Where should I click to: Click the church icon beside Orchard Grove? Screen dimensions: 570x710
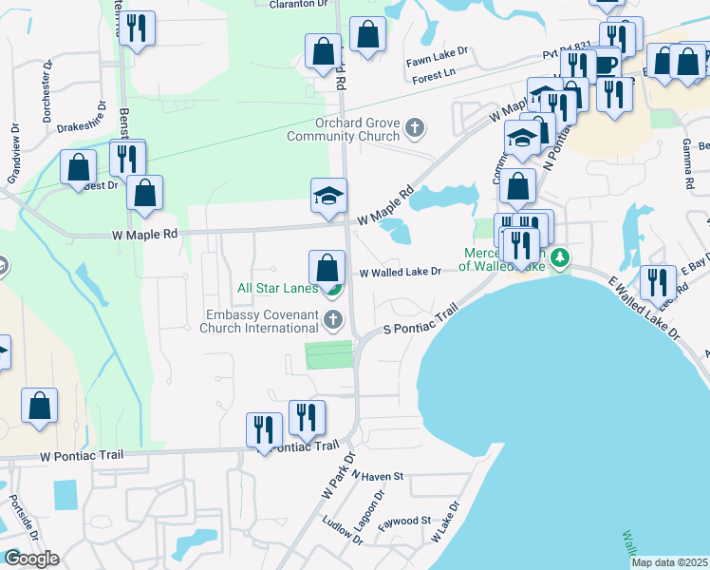pyautogui.click(x=414, y=126)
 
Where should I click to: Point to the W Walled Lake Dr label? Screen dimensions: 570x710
pyautogui.click(x=400, y=273)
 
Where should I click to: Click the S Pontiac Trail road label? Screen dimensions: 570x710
pyautogui.click(x=420, y=319)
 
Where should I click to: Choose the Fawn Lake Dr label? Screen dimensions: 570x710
pyautogui.click(x=433, y=60)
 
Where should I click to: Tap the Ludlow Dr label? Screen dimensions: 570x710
pyautogui.click(x=344, y=530)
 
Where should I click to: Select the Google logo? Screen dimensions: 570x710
pyautogui.click(x=31, y=559)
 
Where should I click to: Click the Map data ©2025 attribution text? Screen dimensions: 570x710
pyautogui.click(x=669, y=562)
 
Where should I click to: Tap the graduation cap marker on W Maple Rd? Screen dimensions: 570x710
pyautogui.click(x=328, y=198)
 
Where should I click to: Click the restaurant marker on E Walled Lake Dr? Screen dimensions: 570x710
pyautogui.click(x=657, y=282)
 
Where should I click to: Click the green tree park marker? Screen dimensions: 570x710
pyautogui.click(x=561, y=256)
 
